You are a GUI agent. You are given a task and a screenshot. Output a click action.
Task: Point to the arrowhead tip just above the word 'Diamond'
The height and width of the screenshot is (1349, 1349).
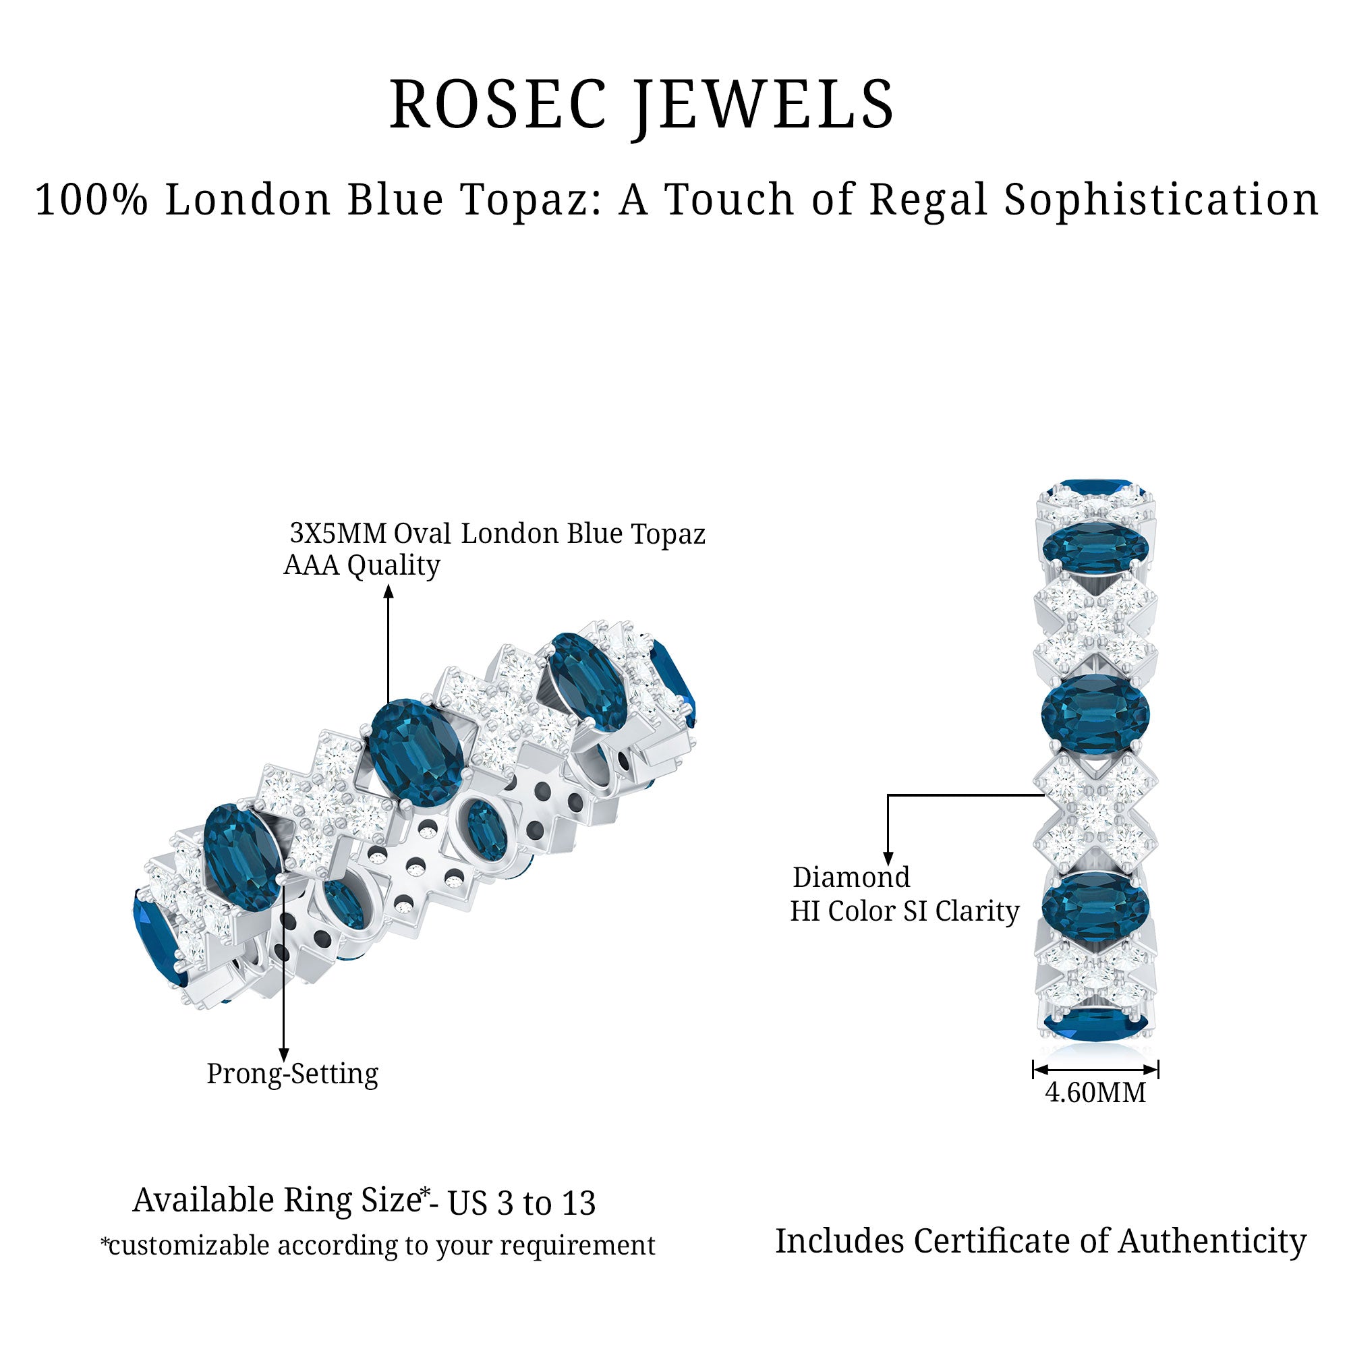tap(888, 866)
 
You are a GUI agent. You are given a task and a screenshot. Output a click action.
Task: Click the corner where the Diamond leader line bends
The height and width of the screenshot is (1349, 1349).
tap(888, 795)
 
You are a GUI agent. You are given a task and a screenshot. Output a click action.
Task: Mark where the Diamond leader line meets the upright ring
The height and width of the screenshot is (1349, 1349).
tap(1045, 795)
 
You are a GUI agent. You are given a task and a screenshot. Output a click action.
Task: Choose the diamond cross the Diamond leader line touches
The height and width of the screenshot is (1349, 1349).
tap(1095, 811)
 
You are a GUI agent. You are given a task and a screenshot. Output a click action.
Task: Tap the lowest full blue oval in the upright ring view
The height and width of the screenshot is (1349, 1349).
tap(1095, 906)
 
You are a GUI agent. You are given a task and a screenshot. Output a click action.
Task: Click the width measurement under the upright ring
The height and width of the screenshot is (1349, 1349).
tap(1095, 1112)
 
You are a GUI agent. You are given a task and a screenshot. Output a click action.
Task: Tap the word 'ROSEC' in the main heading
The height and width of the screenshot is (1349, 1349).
tap(498, 105)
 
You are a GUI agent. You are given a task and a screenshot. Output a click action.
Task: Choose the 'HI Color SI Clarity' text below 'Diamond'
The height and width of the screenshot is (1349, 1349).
tap(905, 911)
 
